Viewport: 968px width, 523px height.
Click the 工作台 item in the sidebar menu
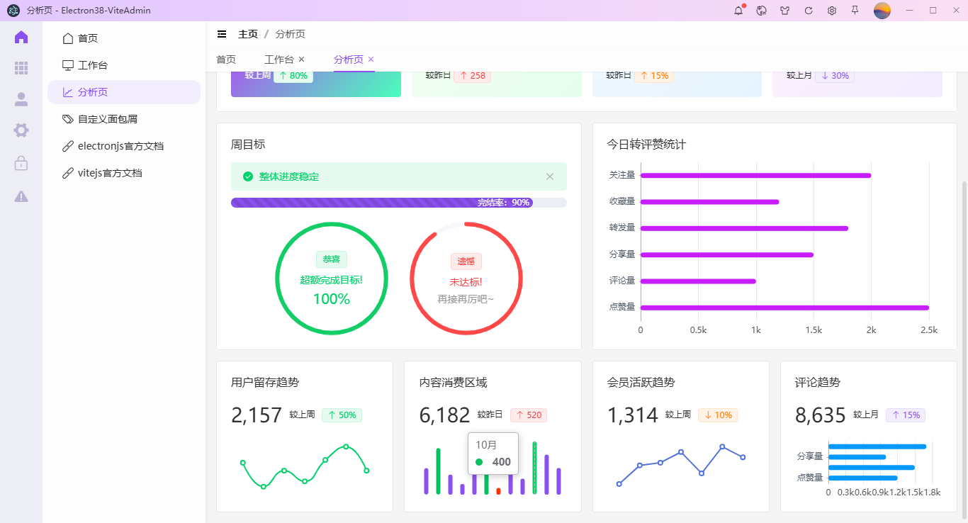tap(92, 65)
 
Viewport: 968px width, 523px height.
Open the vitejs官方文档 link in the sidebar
tap(109, 173)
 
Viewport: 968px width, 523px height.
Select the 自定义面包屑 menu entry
tap(107, 119)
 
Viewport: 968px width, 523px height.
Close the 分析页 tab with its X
tap(371, 60)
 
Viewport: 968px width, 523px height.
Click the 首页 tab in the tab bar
tap(226, 60)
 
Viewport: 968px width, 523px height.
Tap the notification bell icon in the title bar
tap(738, 11)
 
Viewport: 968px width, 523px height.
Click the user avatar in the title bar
tap(882, 11)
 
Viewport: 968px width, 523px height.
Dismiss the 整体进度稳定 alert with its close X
tap(550, 176)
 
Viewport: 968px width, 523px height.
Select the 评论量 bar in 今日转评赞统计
tap(698, 281)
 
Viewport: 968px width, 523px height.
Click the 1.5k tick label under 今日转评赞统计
tap(814, 330)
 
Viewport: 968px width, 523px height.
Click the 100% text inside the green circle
tap(332, 299)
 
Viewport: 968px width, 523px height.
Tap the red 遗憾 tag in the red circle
tap(466, 261)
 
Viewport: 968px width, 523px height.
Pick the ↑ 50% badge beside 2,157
tap(342, 415)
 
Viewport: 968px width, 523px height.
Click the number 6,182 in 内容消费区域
tap(444, 415)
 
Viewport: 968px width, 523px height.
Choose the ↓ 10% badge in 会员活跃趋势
tap(718, 415)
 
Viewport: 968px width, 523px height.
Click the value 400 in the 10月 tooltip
tap(501, 462)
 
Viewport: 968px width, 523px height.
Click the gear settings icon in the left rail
tap(21, 130)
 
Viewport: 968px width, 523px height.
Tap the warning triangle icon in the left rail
tap(21, 196)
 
